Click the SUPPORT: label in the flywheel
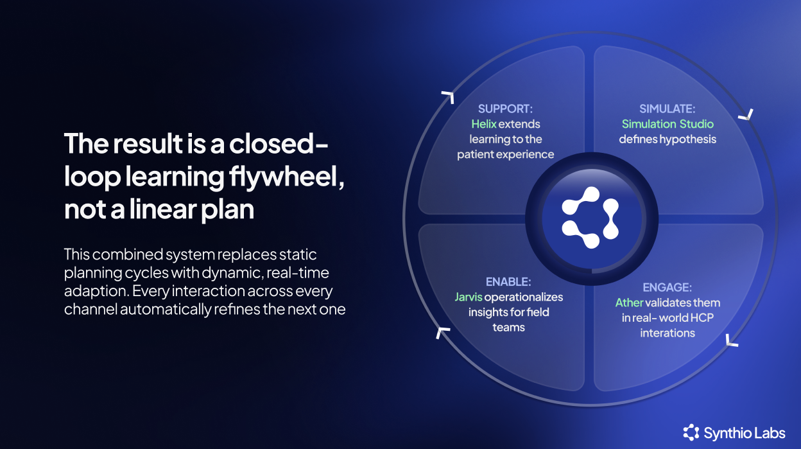point(504,109)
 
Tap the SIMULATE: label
point(667,109)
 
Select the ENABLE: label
point(508,281)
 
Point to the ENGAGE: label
point(667,287)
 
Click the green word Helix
point(484,124)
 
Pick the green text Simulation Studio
point(667,124)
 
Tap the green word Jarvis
point(468,297)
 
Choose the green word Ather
point(629,303)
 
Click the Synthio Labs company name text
point(744,433)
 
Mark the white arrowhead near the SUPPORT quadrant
point(447,97)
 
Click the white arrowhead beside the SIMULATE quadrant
point(745,115)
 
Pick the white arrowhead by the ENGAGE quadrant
point(732,340)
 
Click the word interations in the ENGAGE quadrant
point(667,333)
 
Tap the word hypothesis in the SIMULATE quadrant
point(691,139)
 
